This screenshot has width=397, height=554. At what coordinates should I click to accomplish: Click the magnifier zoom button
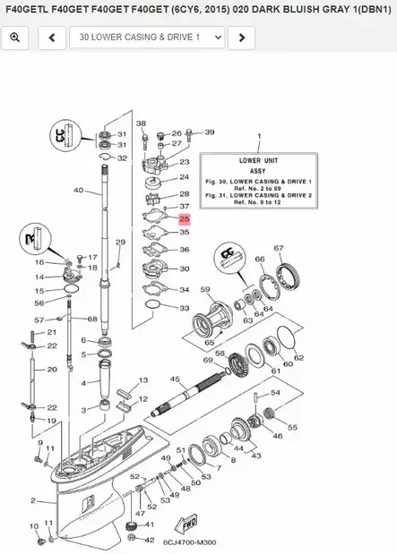pyautogui.click(x=15, y=38)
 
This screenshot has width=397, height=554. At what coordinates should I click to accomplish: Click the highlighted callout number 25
pyautogui.click(x=185, y=217)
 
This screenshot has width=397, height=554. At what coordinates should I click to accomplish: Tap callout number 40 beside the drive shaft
pyautogui.click(x=78, y=190)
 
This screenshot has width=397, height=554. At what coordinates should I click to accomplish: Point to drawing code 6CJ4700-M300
pyautogui.click(x=190, y=541)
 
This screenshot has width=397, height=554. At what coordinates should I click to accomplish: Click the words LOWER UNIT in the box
pyautogui.click(x=259, y=159)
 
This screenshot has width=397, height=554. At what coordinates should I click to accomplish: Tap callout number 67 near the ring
pyautogui.click(x=279, y=248)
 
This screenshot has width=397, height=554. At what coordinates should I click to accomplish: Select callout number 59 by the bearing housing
pyautogui.click(x=205, y=289)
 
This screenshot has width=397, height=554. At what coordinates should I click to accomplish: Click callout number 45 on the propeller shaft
pyautogui.click(x=175, y=379)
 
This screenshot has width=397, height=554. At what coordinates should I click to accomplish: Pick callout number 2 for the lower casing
pyautogui.click(x=33, y=500)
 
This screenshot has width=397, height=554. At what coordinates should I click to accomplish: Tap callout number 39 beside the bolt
pyautogui.click(x=210, y=132)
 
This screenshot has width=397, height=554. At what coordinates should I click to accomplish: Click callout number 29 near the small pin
pyautogui.click(x=120, y=243)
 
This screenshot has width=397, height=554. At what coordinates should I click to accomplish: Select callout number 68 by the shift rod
pyautogui.click(x=91, y=319)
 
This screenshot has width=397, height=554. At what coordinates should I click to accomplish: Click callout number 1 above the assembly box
pyautogui.click(x=259, y=136)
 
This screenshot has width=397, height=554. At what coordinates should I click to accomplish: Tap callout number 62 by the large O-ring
pyautogui.click(x=299, y=358)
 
